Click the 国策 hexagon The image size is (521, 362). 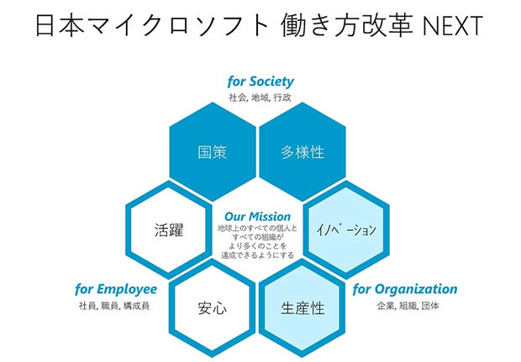click(x=213, y=152)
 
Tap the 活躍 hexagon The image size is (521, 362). click(x=169, y=229)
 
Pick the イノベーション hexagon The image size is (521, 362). click(x=345, y=229)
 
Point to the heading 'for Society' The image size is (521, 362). click(x=260, y=81)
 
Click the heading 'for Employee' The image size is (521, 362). click(x=116, y=290)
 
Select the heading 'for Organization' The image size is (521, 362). click(x=405, y=290)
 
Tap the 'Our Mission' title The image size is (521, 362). click(x=257, y=216)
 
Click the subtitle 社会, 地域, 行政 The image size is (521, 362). click(x=260, y=97)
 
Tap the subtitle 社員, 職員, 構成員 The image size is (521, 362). click(x=113, y=306)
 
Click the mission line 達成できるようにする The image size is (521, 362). click(x=257, y=254)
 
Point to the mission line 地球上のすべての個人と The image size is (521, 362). click(x=257, y=228)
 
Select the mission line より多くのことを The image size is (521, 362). click(x=257, y=246)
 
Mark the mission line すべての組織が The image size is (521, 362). click(x=257, y=237)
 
